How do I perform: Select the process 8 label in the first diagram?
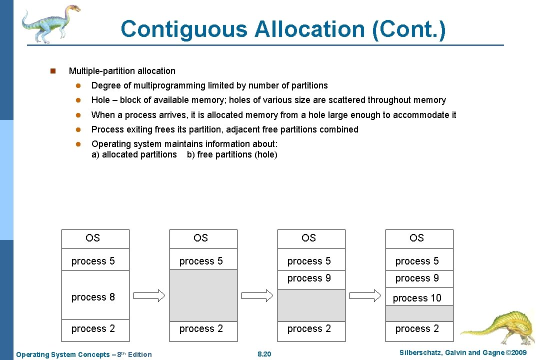(x=93, y=297)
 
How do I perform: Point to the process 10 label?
(x=417, y=298)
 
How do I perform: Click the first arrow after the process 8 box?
(x=149, y=295)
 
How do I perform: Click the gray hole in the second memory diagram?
(x=203, y=295)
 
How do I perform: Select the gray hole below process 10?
(x=419, y=313)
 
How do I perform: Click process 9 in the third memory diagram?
(x=309, y=278)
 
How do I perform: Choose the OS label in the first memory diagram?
(x=92, y=238)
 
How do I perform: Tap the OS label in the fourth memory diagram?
(x=416, y=238)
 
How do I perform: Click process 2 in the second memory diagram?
(x=201, y=328)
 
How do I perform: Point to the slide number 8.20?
(x=264, y=354)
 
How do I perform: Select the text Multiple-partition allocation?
(x=122, y=71)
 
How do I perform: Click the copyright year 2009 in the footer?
(x=517, y=353)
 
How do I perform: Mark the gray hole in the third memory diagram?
(x=311, y=305)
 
